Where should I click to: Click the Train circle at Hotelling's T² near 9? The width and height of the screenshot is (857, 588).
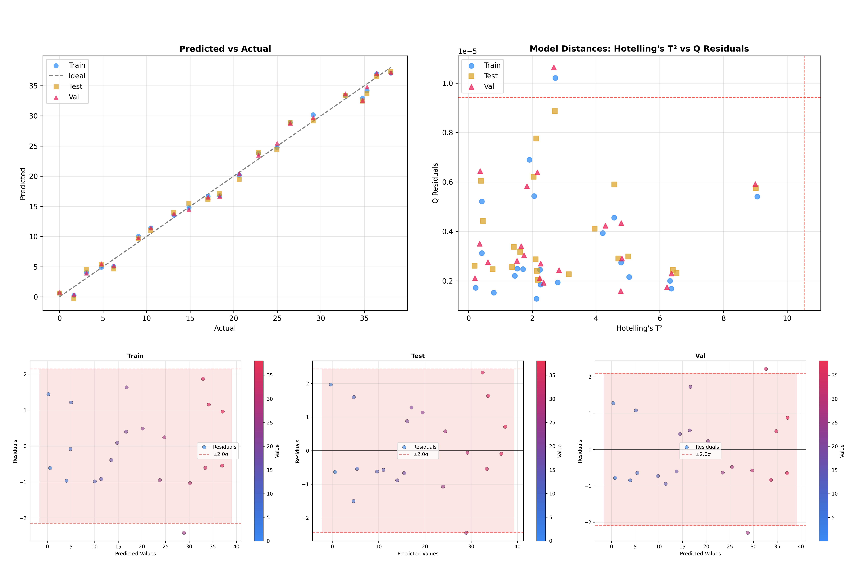(x=757, y=197)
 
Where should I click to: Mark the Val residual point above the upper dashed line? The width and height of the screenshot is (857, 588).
(x=766, y=369)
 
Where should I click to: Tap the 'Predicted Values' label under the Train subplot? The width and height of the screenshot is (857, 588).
(x=135, y=554)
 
